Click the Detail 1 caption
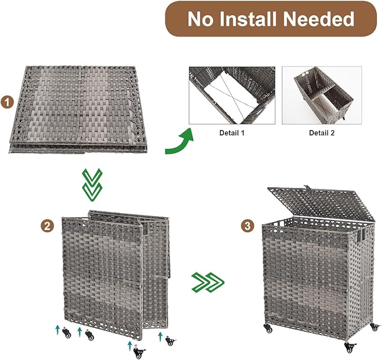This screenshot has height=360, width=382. point(232,133)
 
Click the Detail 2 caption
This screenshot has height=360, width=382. point(321,133)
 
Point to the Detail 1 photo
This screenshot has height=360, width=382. point(232,95)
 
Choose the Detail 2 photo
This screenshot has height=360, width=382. point(321,95)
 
